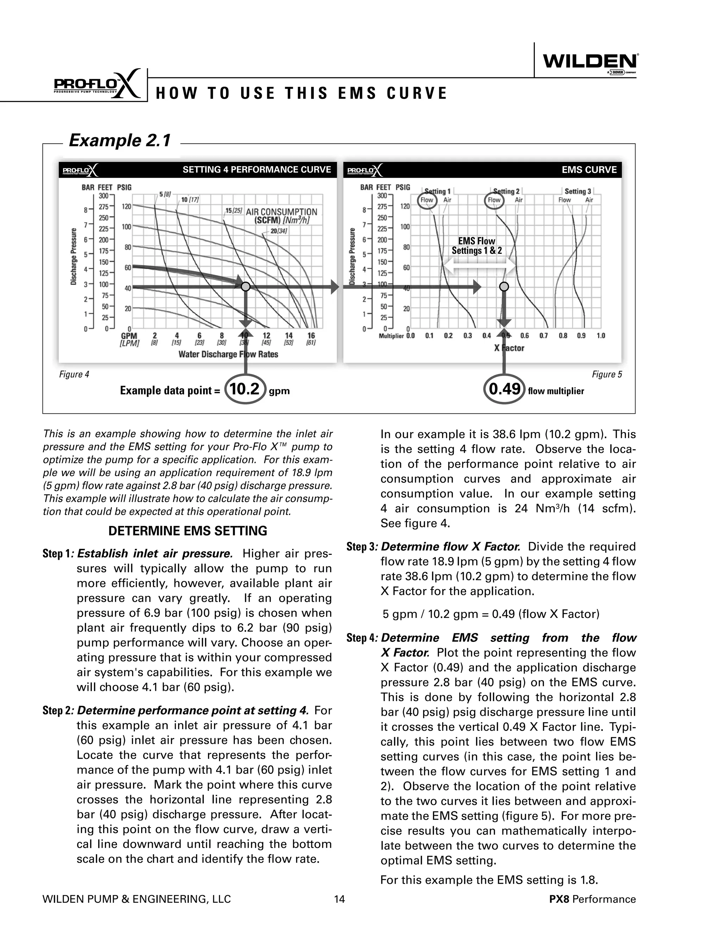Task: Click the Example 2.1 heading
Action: pos(120,140)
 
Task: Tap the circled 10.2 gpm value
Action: pos(245,389)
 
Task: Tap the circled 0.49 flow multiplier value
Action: pos(504,389)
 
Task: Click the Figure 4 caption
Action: pos(74,375)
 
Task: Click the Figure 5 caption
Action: pos(607,375)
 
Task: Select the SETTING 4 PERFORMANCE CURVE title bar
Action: pos(257,170)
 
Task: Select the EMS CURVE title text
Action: pos(589,170)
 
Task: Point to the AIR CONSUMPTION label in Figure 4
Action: pos(282,212)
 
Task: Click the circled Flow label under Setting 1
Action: pos(427,200)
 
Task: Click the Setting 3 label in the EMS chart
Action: pos(577,192)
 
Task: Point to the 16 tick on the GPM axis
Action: pos(311,336)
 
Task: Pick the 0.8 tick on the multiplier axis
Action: pos(563,336)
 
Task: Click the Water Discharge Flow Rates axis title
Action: pos(228,354)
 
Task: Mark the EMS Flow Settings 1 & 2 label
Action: pos(477,246)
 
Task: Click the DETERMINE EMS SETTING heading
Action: pos(188,531)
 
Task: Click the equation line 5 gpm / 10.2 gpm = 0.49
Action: pos(491,614)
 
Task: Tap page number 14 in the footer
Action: pos(339,899)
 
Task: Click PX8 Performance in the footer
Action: pos(593,899)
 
